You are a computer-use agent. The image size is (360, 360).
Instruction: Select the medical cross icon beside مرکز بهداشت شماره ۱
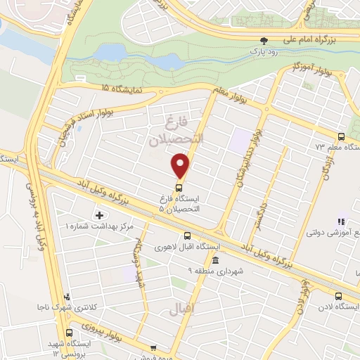tap(98, 214)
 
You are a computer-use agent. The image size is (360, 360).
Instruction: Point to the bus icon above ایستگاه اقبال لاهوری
tap(187, 236)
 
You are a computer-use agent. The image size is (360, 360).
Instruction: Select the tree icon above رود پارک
tap(264, 41)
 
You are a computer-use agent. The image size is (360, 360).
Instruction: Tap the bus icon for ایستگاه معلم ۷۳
tap(341, 137)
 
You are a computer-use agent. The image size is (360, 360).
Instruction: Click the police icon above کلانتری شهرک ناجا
tap(66, 296)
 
